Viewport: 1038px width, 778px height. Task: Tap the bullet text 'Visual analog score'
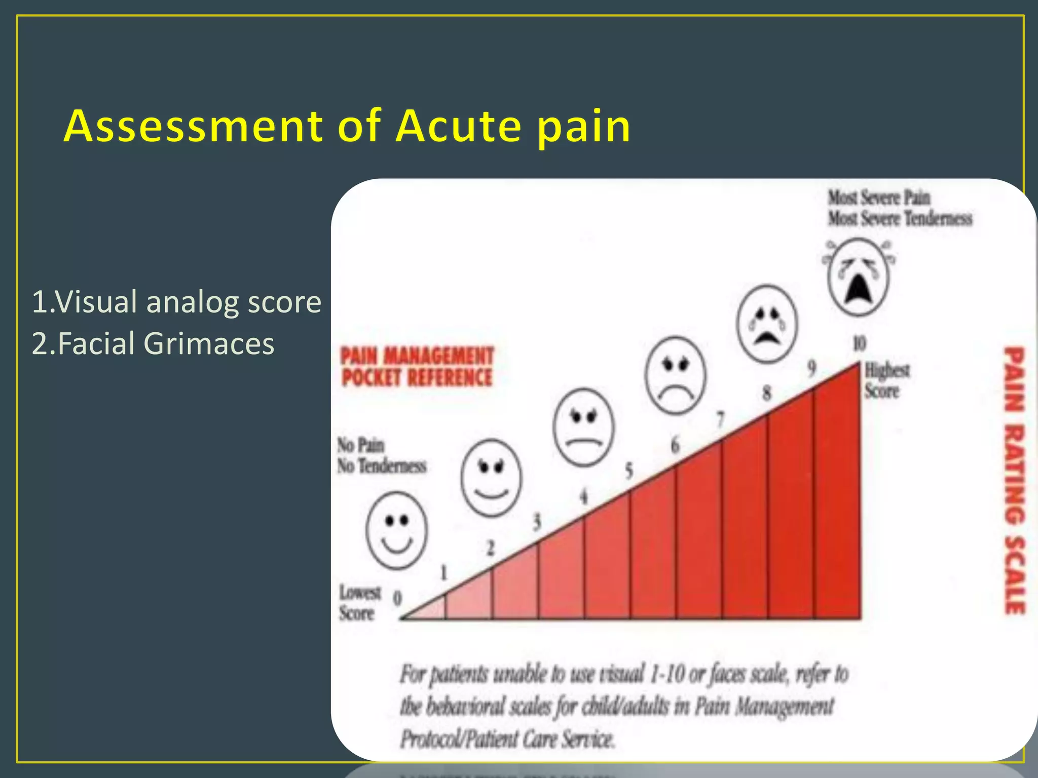(188, 302)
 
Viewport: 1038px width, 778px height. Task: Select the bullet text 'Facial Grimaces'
(166, 343)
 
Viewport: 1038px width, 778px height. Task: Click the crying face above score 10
(858, 277)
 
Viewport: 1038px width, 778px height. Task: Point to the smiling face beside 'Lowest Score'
(396, 530)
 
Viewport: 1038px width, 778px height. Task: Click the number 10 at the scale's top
(859, 343)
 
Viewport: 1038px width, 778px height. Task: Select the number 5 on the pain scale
(629, 471)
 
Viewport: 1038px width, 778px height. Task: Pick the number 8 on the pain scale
(767, 393)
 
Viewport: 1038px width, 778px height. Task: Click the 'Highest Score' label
(886, 381)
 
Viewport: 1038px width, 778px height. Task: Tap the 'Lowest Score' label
(359, 603)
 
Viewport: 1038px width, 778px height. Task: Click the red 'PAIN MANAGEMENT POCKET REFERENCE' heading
(417, 367)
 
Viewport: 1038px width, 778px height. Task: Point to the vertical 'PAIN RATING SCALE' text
(1015, 480)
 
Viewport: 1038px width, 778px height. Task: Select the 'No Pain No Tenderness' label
(381, 456)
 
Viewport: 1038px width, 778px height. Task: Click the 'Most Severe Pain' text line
(879, 198)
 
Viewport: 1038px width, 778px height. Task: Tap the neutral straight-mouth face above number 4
(583, 427)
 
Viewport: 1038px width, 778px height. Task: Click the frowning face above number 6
(675, 375)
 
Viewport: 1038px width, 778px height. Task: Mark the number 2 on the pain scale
(490, 548)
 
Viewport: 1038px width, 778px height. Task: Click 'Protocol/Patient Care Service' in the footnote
(507, 739)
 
